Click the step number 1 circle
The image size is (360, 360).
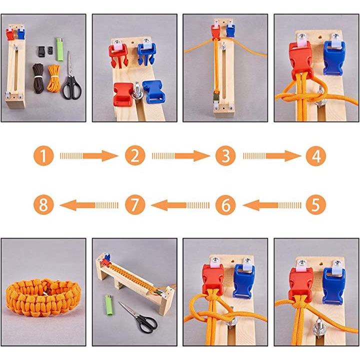coord(43,156)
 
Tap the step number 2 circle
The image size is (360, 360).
coord(135,156)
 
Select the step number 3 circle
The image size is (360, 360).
coord(225,156)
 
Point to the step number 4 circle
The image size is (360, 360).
coord(316,156)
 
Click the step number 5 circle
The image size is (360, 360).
coord(316,205)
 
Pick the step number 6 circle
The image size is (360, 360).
coord(225,205)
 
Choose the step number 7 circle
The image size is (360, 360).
coord(135,205)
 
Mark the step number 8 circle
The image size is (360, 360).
coord(43,205)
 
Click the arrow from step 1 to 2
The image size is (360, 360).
coord(89,156)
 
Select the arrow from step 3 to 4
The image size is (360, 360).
coord(272,156)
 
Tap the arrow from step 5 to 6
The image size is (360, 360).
coord(272,205)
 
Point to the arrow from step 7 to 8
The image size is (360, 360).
coord(89,205)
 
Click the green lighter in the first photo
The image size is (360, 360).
coord(59,49)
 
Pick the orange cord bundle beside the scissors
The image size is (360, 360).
coord(53,77)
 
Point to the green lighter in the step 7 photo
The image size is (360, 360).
coord(109,305)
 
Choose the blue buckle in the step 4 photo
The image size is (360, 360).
coord(334,58)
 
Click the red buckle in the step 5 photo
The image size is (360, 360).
coord(300,284)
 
